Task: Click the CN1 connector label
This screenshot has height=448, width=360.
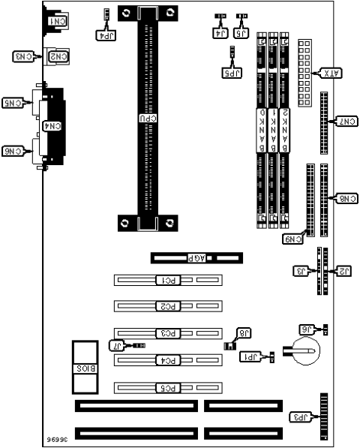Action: click(56, 22)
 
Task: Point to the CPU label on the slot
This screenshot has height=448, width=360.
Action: click(148, 118)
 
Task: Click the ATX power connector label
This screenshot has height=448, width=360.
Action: click(331, 73)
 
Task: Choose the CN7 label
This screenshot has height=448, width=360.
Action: click(346, 121)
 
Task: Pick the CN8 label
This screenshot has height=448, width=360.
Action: click(346, 199)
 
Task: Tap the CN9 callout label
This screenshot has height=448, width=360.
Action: click(293, 239)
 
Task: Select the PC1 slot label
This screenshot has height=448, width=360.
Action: click(169, 281)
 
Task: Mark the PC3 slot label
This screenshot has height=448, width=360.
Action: click(169, 332)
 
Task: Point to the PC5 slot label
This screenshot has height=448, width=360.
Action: click(169, 388)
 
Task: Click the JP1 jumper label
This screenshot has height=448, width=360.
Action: click(249, 358)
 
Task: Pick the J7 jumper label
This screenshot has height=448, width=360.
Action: click(117, 345)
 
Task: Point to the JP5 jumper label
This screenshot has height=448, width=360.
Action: click(233, 73)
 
